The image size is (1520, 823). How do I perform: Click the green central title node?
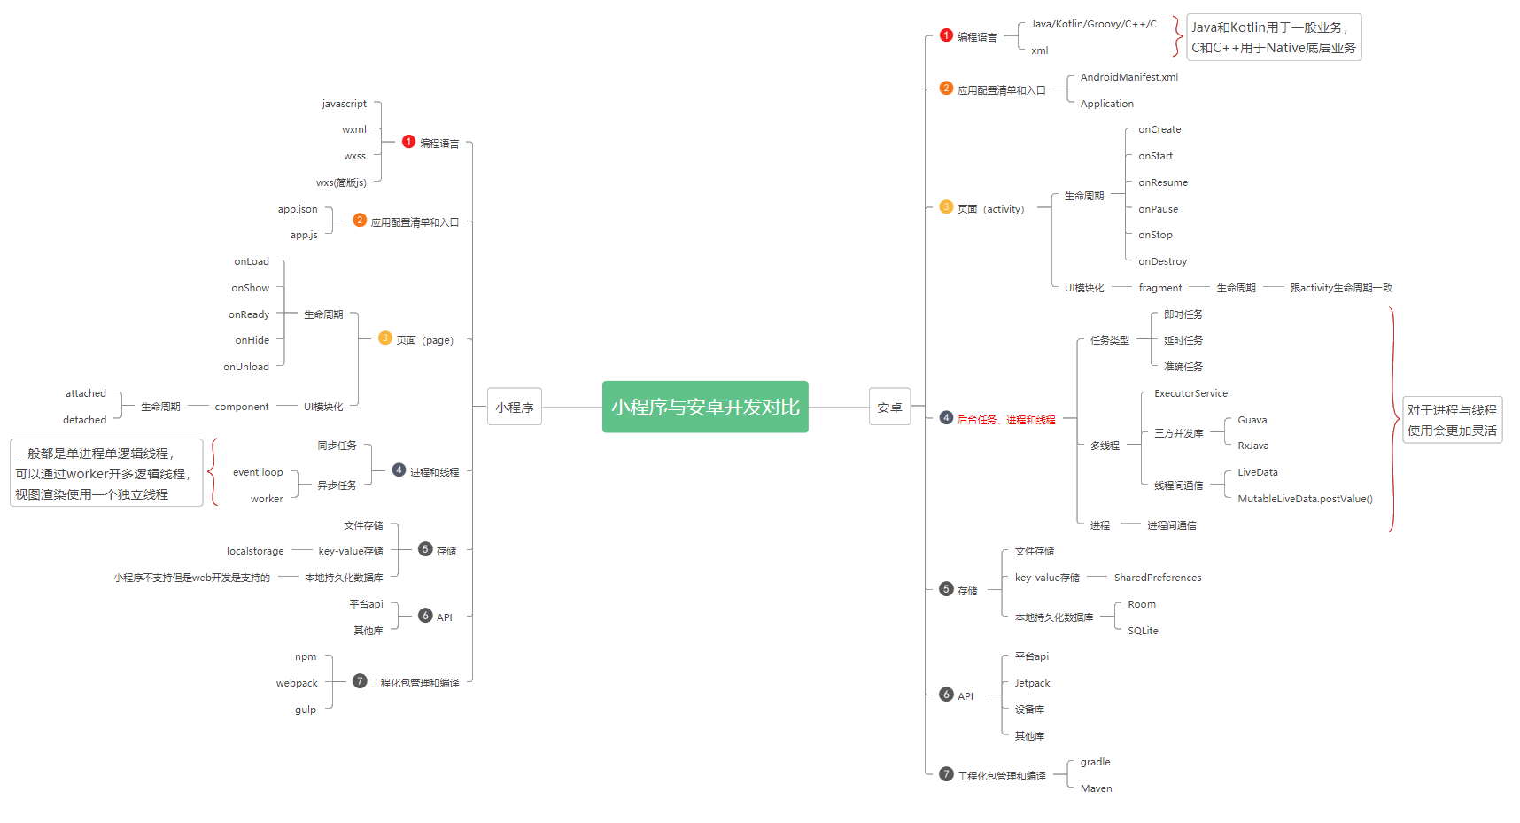point(705,407)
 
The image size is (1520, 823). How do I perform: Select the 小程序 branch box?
point(515,407)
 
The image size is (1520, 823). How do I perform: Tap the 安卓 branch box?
point(889,407)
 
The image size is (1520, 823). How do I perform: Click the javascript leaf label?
point(344,104)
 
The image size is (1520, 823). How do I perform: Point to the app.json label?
point(298,209)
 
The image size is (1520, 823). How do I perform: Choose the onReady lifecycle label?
point(249,314)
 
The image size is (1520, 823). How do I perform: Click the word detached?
point(84,420)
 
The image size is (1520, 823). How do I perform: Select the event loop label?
point(258,472)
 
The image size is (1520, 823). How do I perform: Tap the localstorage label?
point(255,551)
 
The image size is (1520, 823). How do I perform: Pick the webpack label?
point(297,683)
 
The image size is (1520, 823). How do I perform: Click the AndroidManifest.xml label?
point(1129,77)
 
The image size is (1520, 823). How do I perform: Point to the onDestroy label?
point(1162,261)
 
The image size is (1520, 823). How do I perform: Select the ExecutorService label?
point(1190,393)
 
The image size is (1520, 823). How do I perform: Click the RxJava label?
point(1252,446)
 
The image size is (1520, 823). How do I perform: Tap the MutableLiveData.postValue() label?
point(1305,499)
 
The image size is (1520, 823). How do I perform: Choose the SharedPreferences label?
point(1158,578)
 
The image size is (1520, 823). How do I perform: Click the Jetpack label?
point(1032,683)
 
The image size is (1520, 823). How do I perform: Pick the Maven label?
point(1096,788)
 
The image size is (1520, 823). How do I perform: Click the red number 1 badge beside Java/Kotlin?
point(946,35)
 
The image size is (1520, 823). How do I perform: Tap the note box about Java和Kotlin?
point(1274,37)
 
